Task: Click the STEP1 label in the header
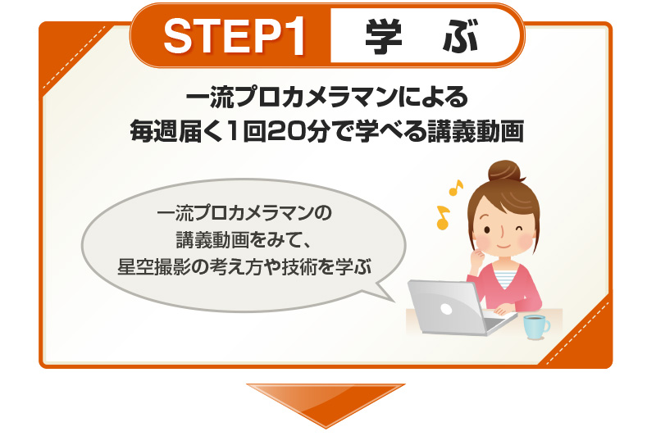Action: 234,36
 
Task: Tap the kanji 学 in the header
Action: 383,36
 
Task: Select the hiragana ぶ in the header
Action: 460,37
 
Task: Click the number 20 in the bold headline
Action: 283,131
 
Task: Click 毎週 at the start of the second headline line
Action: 154,131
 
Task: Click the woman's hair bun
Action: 506,171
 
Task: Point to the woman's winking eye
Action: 519,229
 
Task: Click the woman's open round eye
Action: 486,229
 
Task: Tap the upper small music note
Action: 456,188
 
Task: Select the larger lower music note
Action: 443,217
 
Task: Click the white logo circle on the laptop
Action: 446,309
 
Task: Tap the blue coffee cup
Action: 536,327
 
